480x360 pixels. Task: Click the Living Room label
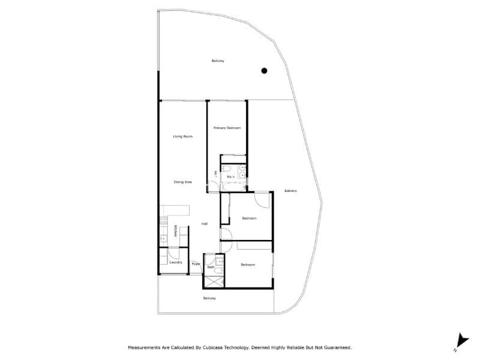pos(183,137)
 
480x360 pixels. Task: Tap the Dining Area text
pos(182,182)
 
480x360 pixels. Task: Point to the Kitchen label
pos(175,231)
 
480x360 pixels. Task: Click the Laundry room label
pos(176,262)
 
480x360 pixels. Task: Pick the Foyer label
pos(196,264)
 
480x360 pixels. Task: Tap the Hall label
pos(205,224)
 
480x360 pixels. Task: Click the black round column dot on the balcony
pos(263,71)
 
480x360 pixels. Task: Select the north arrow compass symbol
pos(460,340)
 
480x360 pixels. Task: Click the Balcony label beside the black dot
pos(218,61)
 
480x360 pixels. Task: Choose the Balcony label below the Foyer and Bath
pos(209,298)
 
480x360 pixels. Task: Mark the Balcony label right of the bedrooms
pos(291,191)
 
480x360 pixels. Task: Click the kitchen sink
pos(162,238)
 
